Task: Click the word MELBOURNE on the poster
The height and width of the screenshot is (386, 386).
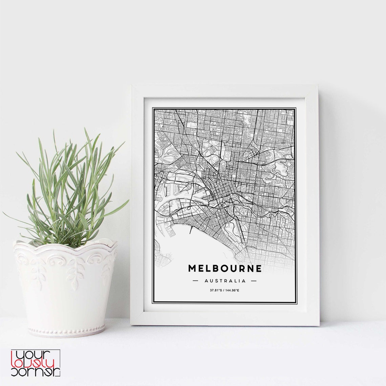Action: tap(225, 269)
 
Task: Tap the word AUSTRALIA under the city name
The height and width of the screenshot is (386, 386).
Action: tap(225, 281)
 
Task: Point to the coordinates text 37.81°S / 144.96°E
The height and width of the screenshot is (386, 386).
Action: tap(224, 291)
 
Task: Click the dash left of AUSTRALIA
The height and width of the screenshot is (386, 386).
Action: tap(195, 281)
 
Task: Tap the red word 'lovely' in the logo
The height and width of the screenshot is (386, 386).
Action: tap(36, 363)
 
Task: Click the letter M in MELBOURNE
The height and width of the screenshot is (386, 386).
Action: tap(192, 269)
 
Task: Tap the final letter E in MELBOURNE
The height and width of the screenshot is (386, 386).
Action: tap(259, 269)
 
